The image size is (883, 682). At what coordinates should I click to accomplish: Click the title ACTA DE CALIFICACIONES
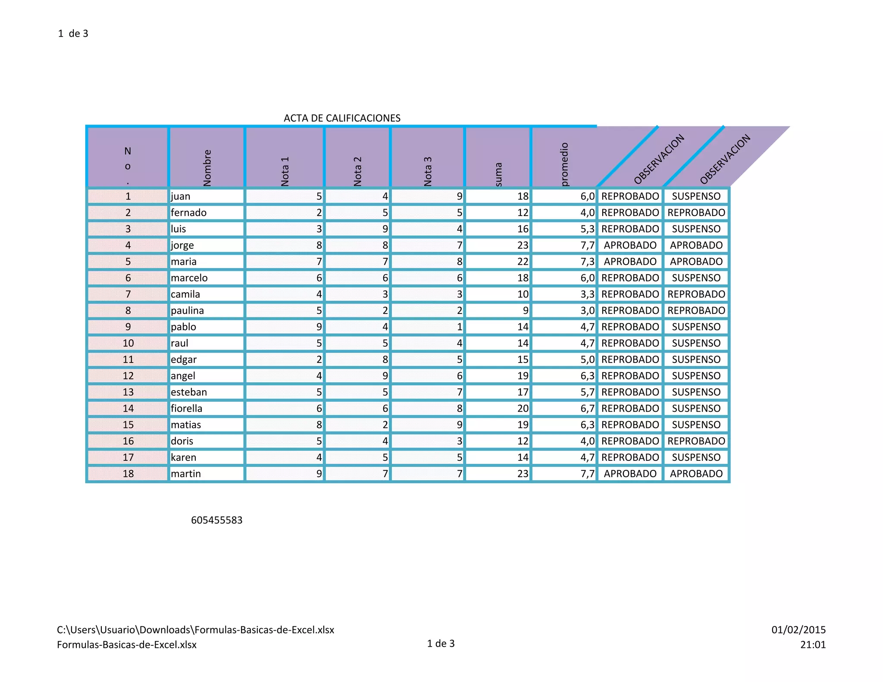point(342,118)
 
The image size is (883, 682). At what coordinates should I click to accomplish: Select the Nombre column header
point(207,167)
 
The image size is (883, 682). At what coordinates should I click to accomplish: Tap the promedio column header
point(564,164)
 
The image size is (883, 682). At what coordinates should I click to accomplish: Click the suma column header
point(498,174)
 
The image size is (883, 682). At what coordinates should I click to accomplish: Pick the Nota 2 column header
point(357,171)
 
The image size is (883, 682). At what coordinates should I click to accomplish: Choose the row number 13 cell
point(128,392)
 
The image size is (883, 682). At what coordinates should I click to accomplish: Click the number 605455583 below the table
point(216,520)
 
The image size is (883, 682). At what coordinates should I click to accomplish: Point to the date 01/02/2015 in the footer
point(798,630)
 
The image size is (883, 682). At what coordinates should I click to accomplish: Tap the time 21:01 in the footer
point(813,645)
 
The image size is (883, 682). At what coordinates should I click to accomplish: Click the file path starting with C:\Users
point(195,630)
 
